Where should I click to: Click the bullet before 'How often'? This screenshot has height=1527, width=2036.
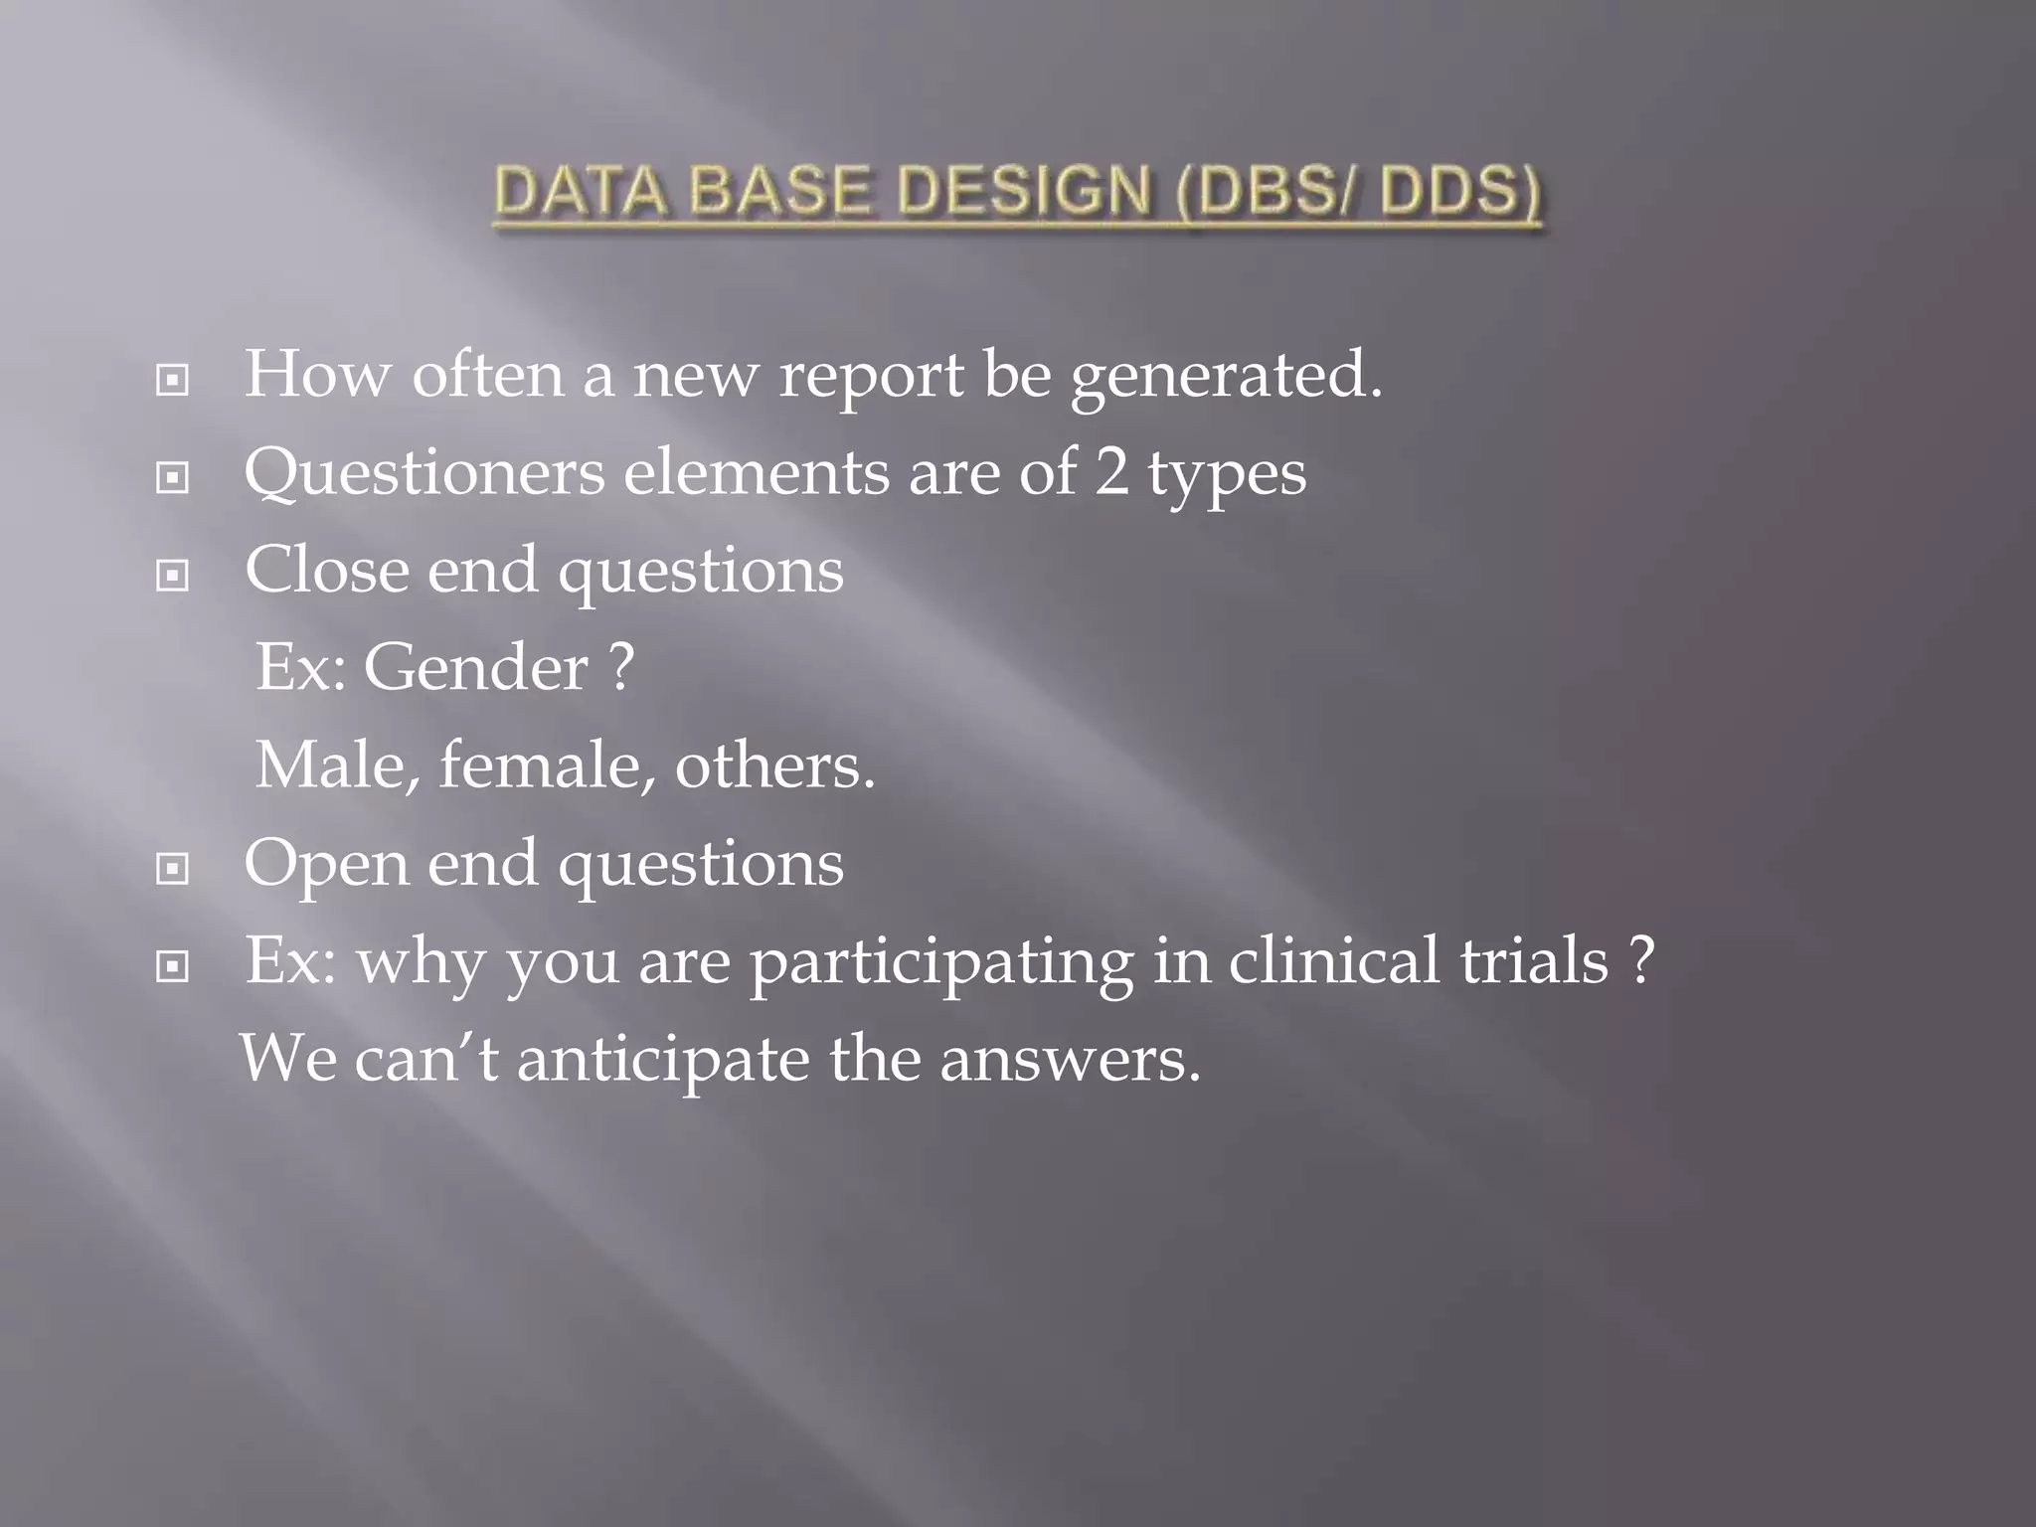pyautogui.click(x=173, y=380)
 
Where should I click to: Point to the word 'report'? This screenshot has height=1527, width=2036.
pyautogui.click(x=871, y=376)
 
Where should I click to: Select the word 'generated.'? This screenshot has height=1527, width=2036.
pyautogui.click(x=1226, y=376)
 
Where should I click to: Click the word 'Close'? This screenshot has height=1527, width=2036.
pyautogui.click(x=327, y=570)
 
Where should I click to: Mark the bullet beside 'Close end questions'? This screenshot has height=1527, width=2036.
pyautogui.click(x=173, y=576)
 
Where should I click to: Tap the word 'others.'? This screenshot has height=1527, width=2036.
pyautogui.click(x=775, y=765)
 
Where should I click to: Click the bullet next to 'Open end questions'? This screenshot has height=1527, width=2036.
pyautogui.click(x=173, y=869)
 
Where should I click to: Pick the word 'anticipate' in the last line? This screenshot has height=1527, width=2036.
pyautogui.click(x=663, y=1059)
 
